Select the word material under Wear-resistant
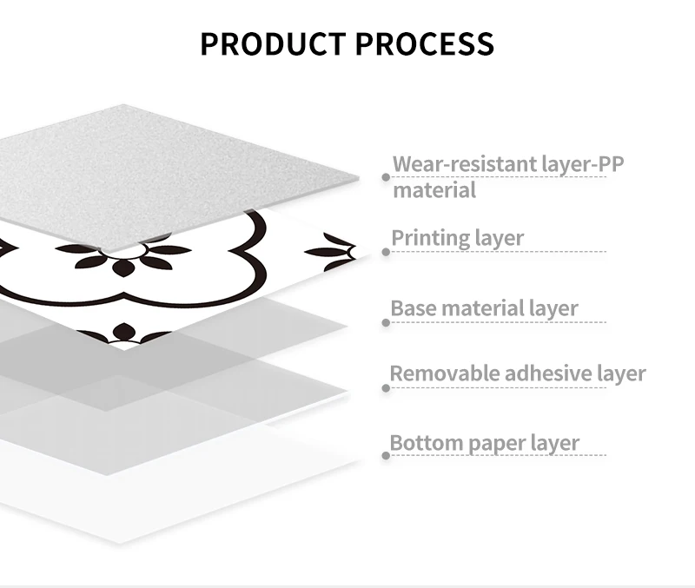tap(434, 190)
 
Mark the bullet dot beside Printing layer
tap(386, 252)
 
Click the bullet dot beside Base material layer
tap(386, 322)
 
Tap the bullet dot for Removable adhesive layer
tap(386, 387)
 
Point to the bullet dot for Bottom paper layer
tap(386, 455)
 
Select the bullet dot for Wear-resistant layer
tap(386, 177)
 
